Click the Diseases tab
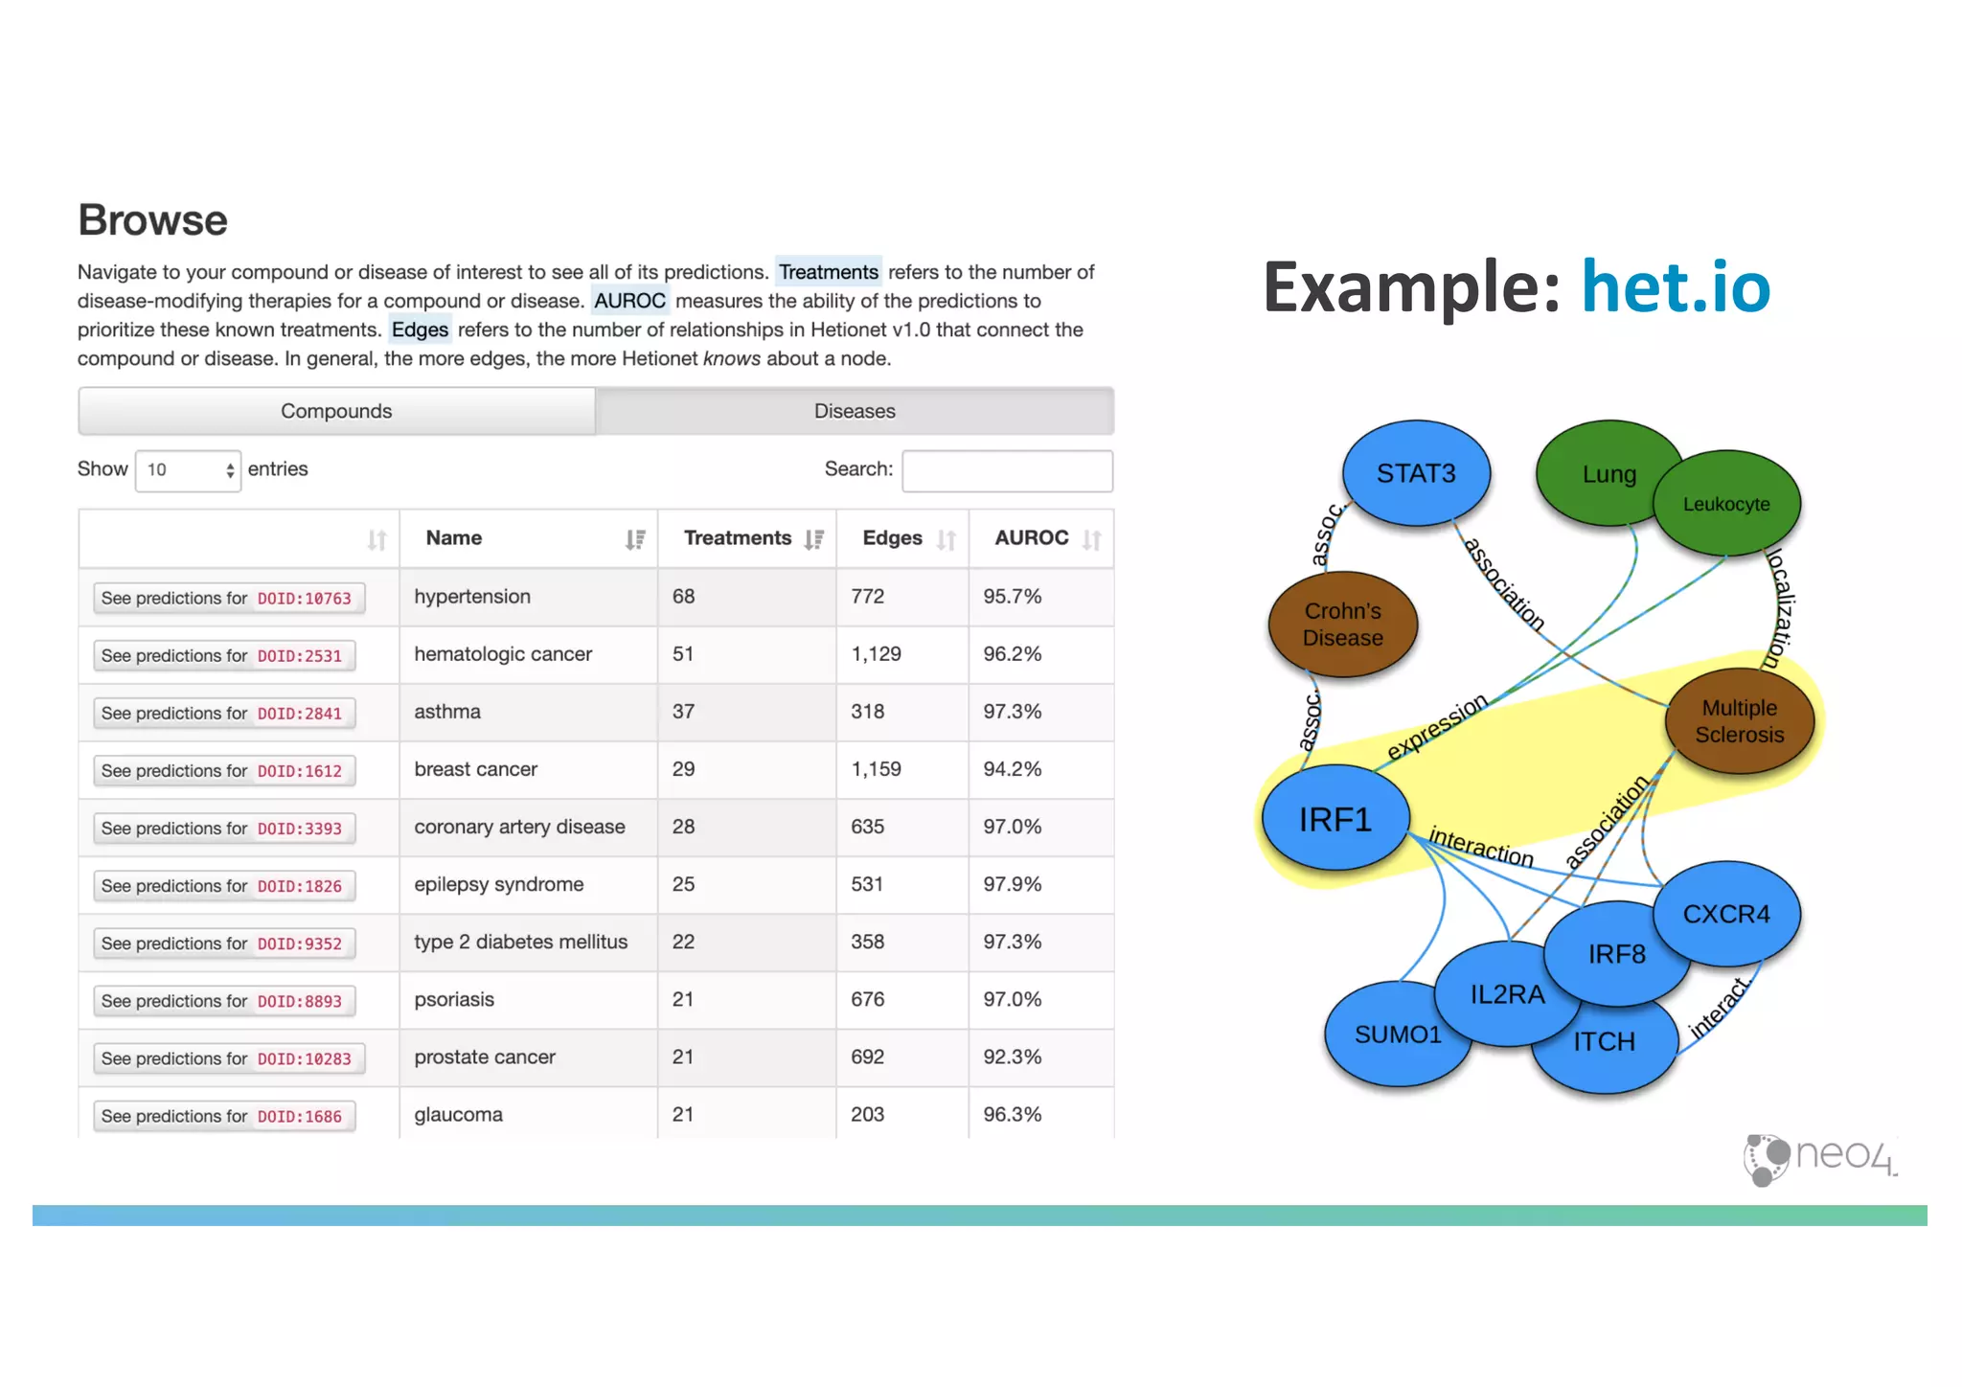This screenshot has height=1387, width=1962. coord(854,411)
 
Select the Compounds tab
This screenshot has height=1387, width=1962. coord(336,411)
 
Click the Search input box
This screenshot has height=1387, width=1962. coord(1007,470)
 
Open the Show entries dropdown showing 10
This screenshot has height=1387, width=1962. coord(188,470)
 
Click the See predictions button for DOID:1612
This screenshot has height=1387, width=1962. coord(224,771)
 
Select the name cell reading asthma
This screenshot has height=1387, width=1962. coord(447,712)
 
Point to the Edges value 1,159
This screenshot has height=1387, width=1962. coord(876,769)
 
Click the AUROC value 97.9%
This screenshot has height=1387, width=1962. coord(1012,884)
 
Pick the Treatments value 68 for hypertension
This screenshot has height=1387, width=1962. coord(683,597)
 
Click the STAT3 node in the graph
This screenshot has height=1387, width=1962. coord(1416,473)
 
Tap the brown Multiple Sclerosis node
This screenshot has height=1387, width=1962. coord(1740,721)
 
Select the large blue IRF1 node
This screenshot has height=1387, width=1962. coord(1335,819)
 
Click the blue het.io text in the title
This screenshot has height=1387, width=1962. coord(1675,286)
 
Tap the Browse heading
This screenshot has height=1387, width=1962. coord(152,220)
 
